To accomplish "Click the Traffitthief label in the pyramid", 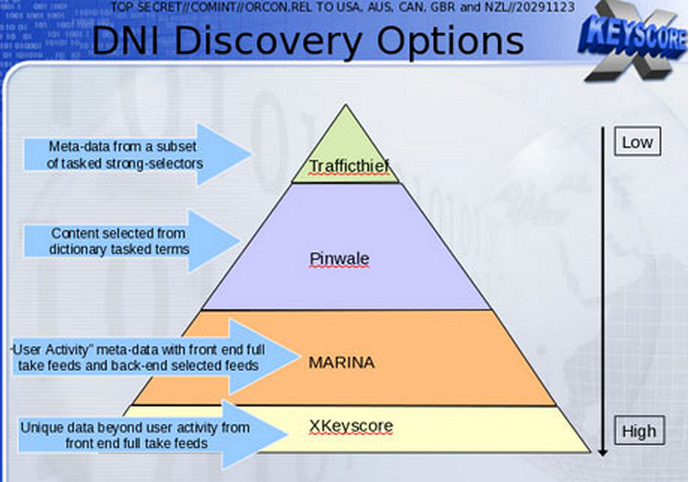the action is (x=349, y=167).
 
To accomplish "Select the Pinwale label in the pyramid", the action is (x=339, y=259).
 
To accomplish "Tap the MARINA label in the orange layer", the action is (x=342, y=362).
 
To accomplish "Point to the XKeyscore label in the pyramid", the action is (x=351, y=426).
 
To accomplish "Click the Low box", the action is (x=637, y=142).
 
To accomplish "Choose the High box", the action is (x=639, y=431).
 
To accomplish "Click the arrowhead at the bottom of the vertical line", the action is (x=603, y=451).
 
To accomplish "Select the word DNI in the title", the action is (x=128, y=41).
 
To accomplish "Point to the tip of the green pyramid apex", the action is (x=346, y=104).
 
